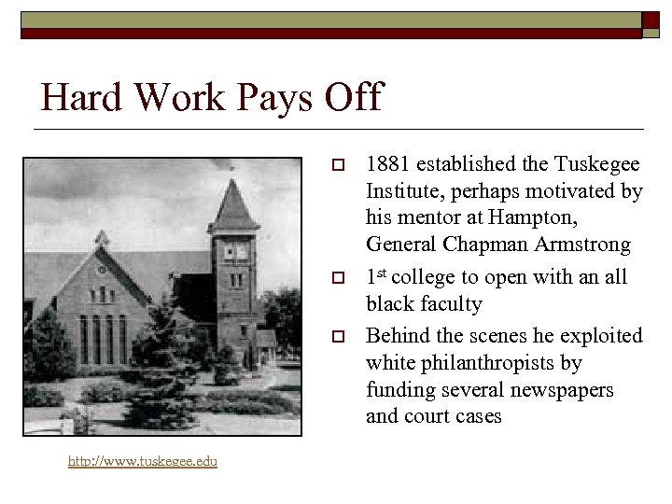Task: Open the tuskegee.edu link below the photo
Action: (143, 462)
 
